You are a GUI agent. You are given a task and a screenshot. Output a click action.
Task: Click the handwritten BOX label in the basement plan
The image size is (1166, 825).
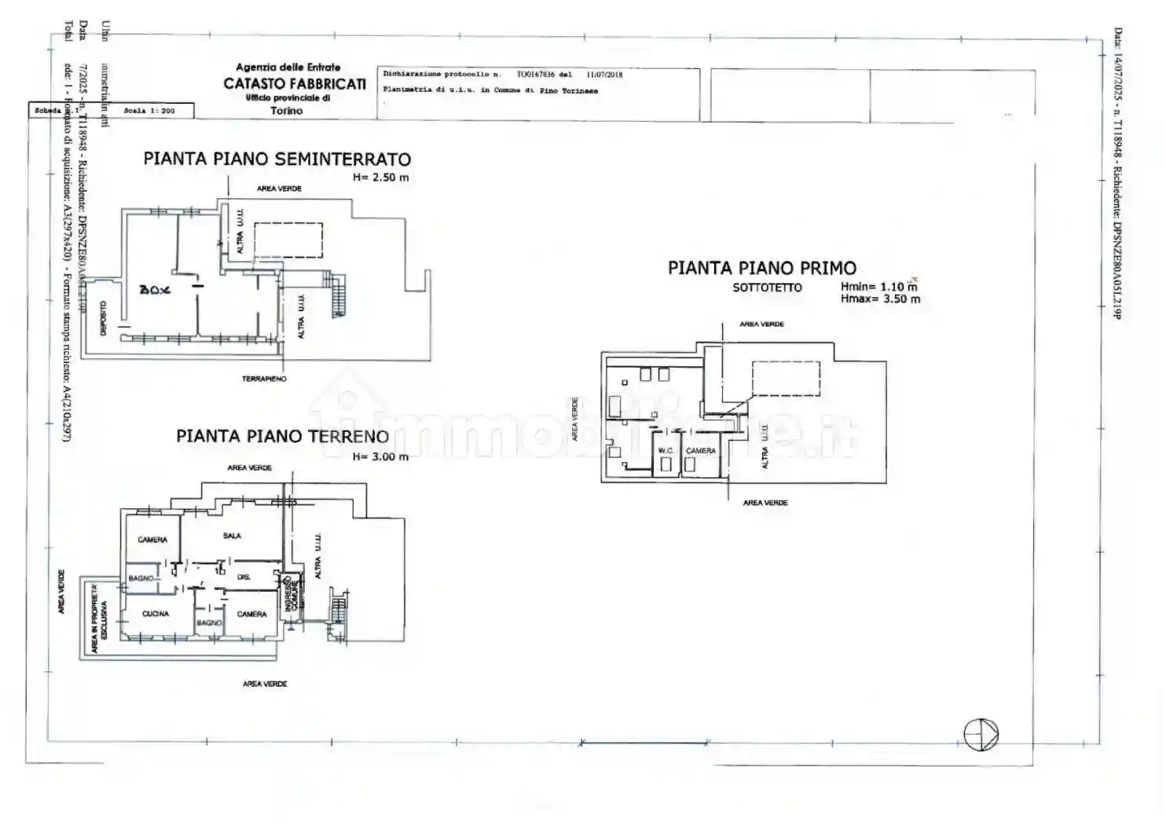click(x=155, y=290)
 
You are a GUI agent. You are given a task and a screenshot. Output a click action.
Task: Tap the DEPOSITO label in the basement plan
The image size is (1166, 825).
click(x=103, y=318)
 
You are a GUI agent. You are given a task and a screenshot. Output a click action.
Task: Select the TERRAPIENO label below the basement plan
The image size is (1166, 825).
click(x=264, y=379)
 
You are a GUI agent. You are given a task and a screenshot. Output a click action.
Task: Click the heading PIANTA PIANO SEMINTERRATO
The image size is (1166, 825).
click(x=277, y=159)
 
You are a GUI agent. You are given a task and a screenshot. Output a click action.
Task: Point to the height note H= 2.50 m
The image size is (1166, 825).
click(x=381, y=178)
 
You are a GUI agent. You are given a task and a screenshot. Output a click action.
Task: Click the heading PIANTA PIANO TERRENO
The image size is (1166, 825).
click(x=282, y=436)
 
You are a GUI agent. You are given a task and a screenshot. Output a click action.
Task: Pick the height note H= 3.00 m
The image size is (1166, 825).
click(x=380, y=456)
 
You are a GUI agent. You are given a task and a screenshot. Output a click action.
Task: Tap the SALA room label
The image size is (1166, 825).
click(x=232, y=536)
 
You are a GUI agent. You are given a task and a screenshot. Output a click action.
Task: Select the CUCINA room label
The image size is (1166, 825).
click(x=156, y=614)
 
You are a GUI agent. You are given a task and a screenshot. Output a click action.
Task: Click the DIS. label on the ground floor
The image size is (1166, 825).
click(x=244, y=577)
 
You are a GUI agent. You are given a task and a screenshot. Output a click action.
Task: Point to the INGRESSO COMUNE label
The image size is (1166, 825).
click(x=291, y=596)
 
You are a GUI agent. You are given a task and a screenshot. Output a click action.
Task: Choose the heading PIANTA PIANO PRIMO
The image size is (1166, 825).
click(x=761, y=268)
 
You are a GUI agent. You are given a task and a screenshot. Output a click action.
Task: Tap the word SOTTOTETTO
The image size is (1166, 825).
click(x=767, y=288)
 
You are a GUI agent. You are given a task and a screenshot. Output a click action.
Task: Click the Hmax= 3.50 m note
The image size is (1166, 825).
click(x=880, y=299)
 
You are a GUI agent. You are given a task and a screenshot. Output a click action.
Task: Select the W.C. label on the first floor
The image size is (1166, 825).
click(x=665, y=451)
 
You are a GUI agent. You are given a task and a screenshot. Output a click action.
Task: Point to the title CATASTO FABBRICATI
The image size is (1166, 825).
click(x=295, y=83)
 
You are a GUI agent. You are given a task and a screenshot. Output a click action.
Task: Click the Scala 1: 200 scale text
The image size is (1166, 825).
click(x=149, y=111)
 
